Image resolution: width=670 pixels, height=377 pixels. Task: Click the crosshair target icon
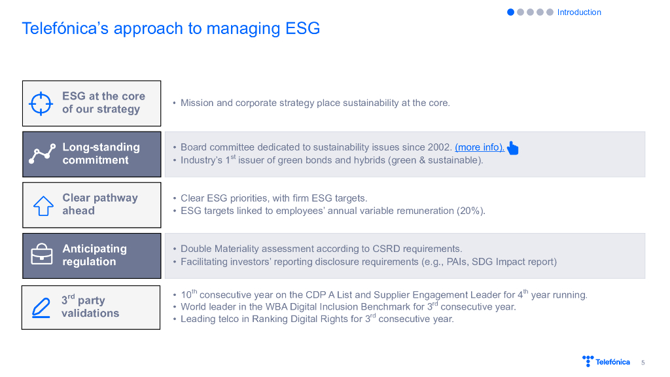click(41, 103)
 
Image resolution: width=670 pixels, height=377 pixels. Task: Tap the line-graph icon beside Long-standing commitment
click(42, 154)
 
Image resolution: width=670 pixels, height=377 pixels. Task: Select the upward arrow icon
click(43, 206)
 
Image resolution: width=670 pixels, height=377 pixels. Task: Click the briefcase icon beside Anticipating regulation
click(42, 254)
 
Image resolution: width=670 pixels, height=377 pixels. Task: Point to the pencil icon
click(41, 308)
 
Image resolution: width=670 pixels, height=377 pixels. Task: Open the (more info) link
click(480, 147)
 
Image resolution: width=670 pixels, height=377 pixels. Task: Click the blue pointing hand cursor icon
click(512, 148)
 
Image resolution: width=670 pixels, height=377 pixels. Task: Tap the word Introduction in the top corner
click(579, 12)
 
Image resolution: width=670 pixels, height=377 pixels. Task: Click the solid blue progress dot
click(510, 12)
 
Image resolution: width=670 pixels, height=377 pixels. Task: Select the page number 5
click(643, 363)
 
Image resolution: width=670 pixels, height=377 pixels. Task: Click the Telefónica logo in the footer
click(606, 361)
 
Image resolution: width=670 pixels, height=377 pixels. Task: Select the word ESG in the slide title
click(302, 29)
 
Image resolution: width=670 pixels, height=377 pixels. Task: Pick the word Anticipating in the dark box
click(94, 249)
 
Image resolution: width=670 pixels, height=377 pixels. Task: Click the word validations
click(90, 314)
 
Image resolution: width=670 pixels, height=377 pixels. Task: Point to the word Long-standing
click(101, 147)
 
